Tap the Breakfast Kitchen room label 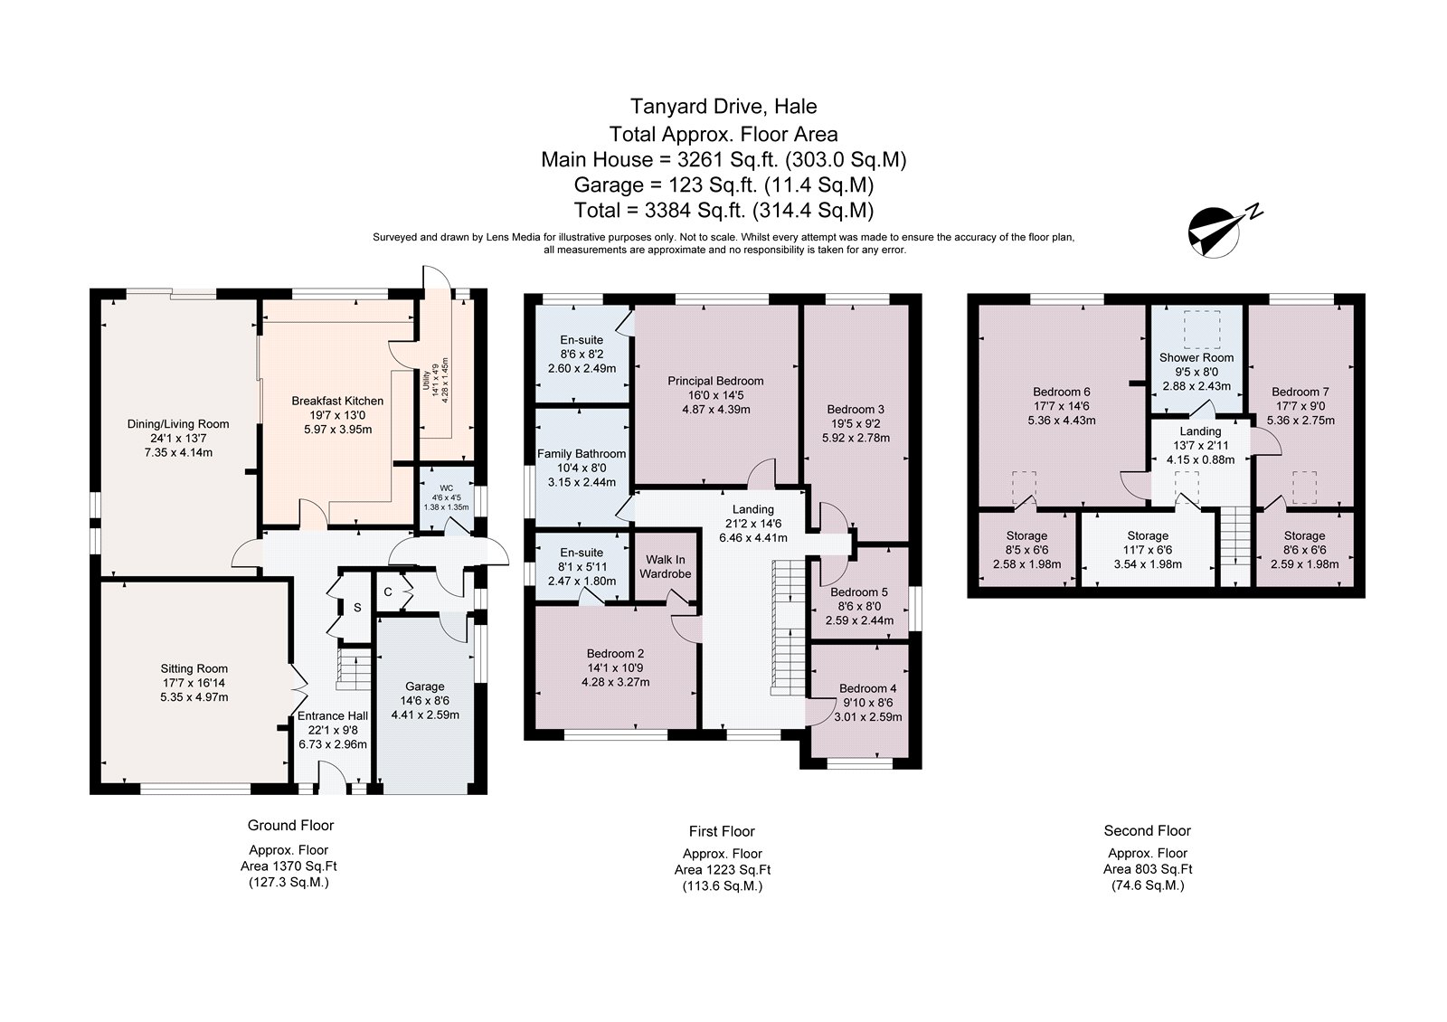(337, 401)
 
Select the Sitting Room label (194, 668)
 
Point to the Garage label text (424, 686)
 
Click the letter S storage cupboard (357, 608)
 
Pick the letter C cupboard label (388, 592)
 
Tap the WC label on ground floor (447, 487)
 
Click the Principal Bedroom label (715, 381)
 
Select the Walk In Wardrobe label (666, 566)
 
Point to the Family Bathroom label (582, 453)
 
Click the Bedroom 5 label (859, 592)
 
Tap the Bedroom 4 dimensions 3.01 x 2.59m (868, 717)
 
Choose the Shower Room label (1196, 357)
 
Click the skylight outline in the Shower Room (1202, 329)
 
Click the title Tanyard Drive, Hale (723, 106)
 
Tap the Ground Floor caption (290, 825)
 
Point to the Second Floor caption (1148, 831)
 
